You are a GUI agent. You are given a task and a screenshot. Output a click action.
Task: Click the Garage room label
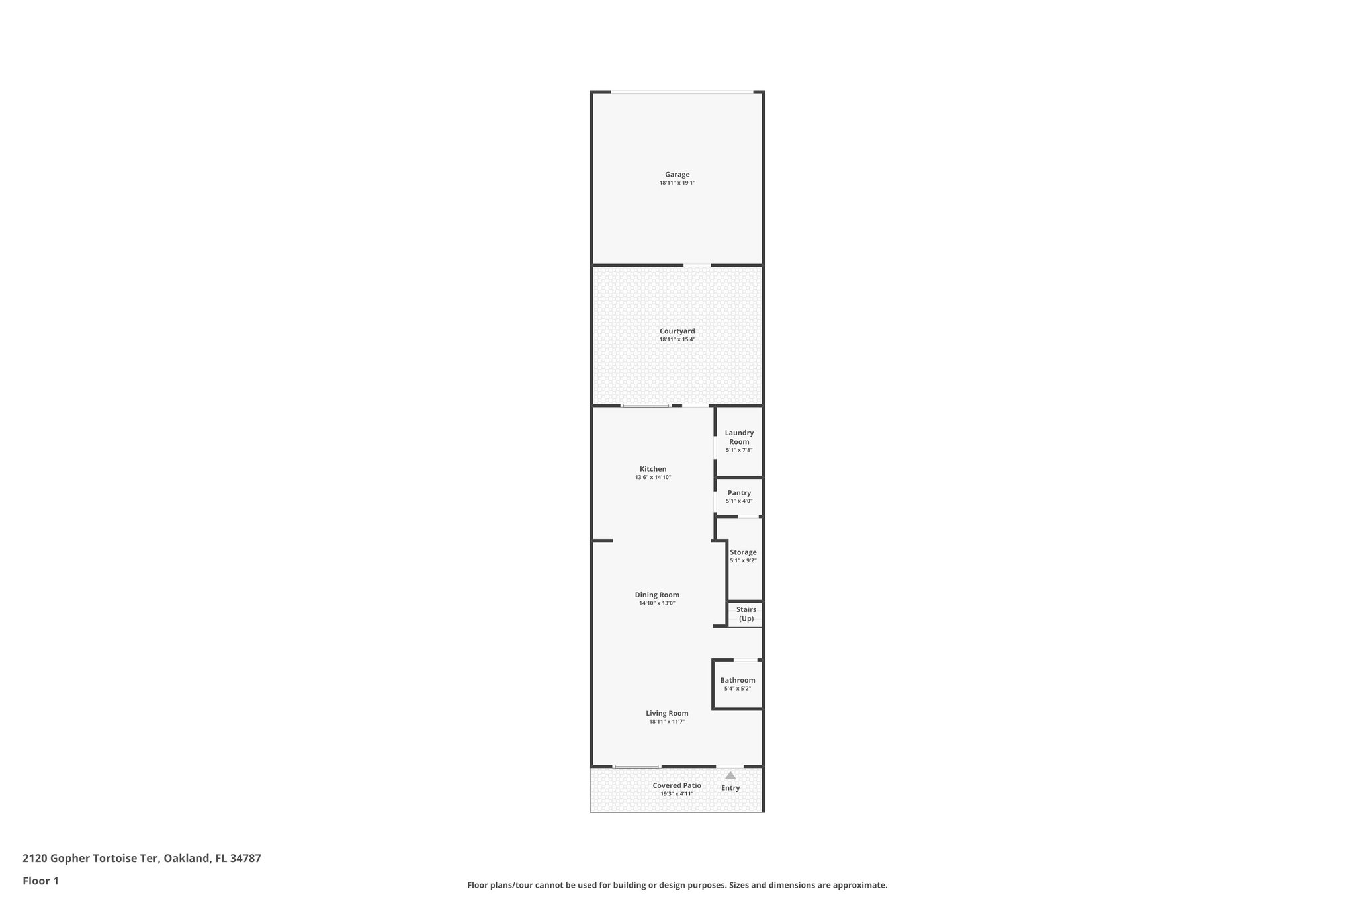677,175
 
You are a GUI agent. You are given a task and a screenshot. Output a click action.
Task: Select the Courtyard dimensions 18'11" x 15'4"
677,339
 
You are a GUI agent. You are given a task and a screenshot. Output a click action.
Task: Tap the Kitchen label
653,469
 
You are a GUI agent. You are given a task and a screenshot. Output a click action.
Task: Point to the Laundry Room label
739,437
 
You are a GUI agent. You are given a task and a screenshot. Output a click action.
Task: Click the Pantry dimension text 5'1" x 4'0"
739,501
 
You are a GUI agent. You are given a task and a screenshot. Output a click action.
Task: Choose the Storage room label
743,552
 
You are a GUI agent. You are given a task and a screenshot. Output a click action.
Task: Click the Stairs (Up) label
746,614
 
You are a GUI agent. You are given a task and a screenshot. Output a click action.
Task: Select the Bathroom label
738,680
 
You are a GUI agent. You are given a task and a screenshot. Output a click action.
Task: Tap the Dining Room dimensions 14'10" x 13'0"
657,603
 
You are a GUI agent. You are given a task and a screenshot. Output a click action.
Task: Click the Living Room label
667,713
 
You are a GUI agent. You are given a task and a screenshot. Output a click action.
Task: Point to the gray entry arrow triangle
730,775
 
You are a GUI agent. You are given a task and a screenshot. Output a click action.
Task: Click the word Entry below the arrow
730,788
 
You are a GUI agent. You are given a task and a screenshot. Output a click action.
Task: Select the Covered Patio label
677,785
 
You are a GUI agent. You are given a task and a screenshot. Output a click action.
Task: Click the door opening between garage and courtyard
697,265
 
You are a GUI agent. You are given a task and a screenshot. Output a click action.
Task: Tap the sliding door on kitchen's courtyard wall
646,406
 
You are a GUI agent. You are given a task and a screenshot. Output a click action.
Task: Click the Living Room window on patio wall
636,767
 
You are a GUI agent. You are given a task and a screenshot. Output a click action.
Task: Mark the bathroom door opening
746,660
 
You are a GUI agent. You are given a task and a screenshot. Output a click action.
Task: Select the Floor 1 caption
40,881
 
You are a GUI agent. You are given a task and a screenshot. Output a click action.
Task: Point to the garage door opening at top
681,92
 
